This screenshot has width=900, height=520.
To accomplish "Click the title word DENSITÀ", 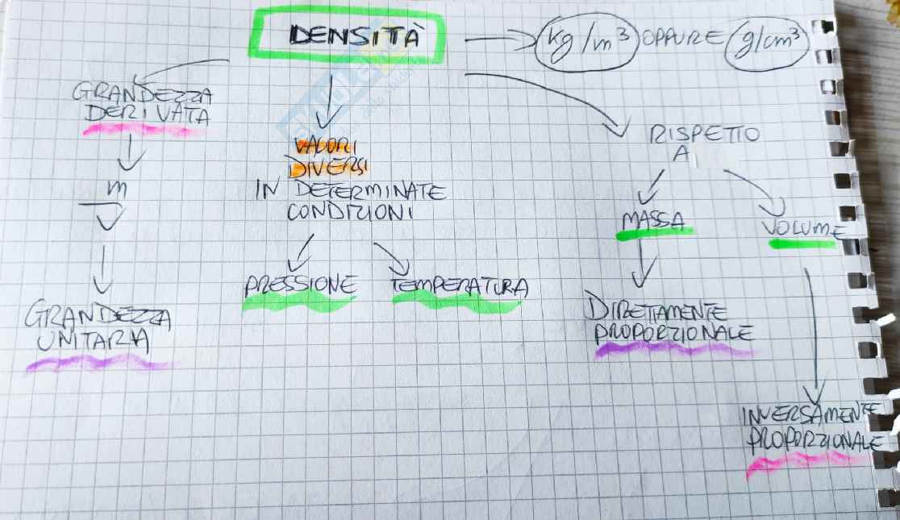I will tap(356, 37).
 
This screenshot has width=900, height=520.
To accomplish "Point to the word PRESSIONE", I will tap(300, 285).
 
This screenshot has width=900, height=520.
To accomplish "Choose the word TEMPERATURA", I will tap(459, 286).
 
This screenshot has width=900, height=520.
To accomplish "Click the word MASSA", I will tap(653, 220).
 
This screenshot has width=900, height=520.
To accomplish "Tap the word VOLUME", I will tap(802, 229).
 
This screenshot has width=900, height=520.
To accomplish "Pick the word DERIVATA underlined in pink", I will tap(147, 114).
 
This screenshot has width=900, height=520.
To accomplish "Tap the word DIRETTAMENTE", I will tap(658, 312).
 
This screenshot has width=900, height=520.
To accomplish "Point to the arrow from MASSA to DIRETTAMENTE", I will tap(642, 264).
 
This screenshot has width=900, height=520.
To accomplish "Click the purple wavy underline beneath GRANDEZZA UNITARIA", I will tap(97, 364).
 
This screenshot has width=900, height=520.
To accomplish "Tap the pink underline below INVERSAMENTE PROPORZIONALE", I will tap(806, 462).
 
